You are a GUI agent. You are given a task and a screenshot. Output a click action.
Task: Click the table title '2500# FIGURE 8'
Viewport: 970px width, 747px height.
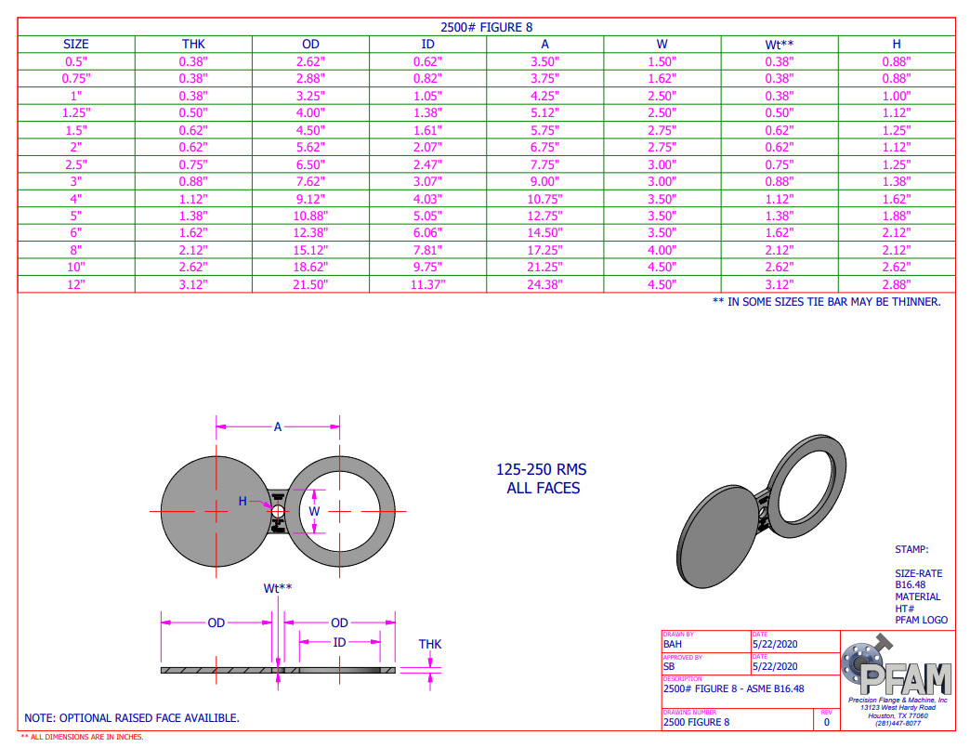(x=486, y=28)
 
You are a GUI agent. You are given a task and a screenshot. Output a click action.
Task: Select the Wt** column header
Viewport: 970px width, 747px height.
(x=779, y=44)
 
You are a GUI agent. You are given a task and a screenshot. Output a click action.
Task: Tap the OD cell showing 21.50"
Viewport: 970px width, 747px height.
(x=310, y=284)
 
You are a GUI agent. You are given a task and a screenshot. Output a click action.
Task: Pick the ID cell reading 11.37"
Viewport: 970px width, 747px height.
(x=427, y=284)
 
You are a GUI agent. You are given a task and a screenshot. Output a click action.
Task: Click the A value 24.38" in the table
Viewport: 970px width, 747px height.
(x=544, y=284)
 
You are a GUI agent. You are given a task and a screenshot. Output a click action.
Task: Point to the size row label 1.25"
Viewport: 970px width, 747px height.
(x=76, y=112)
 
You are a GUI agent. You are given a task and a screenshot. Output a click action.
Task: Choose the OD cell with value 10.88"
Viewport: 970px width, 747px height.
(x=310, y=216)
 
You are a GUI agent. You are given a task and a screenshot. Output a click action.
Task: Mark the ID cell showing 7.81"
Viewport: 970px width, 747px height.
(x=427, y=250)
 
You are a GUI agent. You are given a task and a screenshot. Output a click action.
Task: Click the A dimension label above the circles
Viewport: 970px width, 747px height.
(x=277, y=426)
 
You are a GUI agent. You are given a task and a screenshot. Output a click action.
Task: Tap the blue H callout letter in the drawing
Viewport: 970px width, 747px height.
(x=242, y=501)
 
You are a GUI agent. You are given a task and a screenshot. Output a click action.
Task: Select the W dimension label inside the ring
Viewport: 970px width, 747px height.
(x=314, y=511)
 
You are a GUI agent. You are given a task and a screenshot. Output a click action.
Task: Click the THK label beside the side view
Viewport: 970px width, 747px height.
(x=429, y=644)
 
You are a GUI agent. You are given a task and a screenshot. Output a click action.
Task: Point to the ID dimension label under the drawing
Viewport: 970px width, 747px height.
(x=339, y=642)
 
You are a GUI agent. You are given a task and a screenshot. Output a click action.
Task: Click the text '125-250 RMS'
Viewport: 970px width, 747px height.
(x=543, y=470)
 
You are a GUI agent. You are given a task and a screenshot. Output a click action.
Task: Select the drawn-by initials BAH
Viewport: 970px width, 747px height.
(x=673, y=643)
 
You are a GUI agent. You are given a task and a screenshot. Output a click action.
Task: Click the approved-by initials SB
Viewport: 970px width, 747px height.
(x=669, y=666)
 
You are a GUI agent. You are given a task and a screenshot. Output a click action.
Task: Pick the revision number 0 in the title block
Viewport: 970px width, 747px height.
(x=826, y=721)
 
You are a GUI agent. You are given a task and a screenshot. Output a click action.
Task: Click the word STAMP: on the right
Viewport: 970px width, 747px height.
(x=911, y=550)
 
